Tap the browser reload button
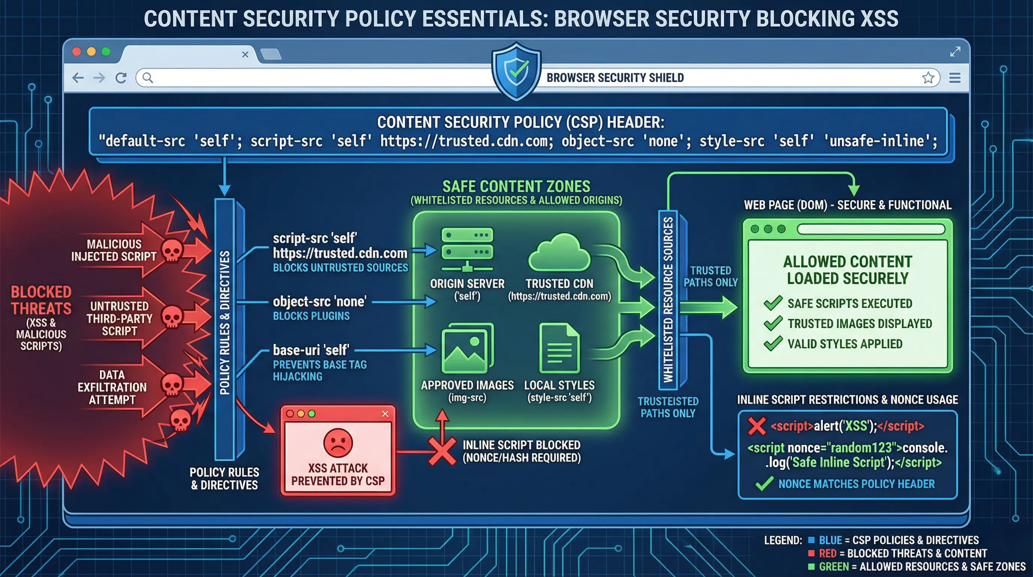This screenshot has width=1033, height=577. click(x=121, y=78)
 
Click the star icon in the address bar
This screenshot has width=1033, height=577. click(x=928, y=78)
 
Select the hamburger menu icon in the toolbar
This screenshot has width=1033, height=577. click(x=955, y=78)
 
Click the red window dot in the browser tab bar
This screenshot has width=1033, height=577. click(x=77, y=52)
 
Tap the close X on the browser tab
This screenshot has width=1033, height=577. click(x=245, y=54)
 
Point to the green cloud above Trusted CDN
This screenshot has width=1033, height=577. click(x=559, y=254)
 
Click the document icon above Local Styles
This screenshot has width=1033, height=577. click(x=559, y=348)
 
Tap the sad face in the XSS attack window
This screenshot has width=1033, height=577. click(x=338, y=443)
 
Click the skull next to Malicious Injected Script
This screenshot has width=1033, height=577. click(x=172, y=251)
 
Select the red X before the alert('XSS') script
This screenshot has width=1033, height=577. click(x=757, y=426)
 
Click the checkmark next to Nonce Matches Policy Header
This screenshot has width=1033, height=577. click(x=764, y=484)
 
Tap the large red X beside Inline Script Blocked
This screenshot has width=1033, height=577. click(x=442, y=452)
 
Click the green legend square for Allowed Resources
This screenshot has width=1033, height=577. click(x=811, y=566)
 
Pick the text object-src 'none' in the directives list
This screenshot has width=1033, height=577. click(x=319, y=302)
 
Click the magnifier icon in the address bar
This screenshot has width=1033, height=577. click(x=148, y=78)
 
